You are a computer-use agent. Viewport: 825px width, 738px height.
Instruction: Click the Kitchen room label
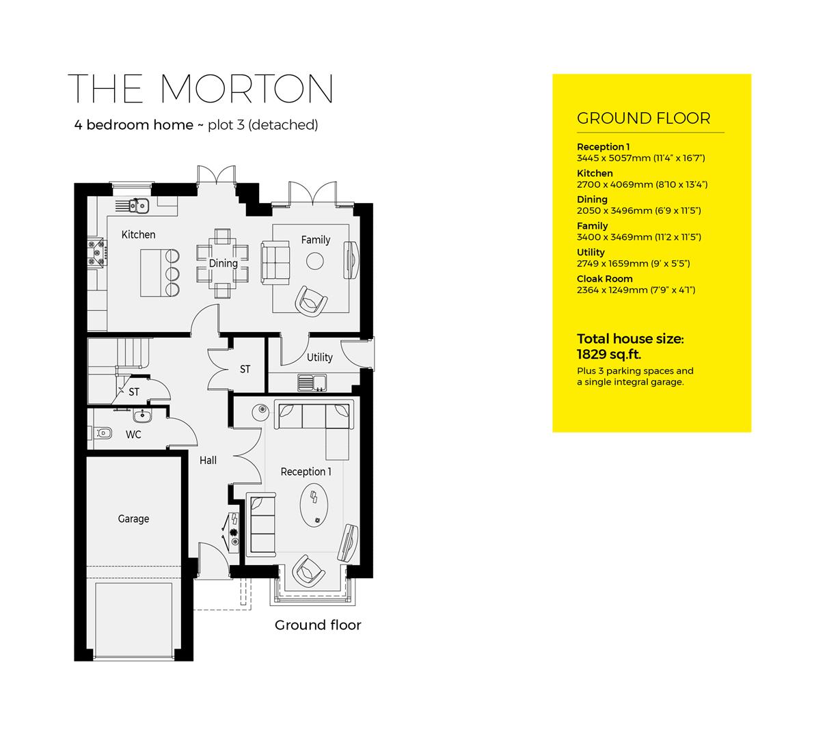click(x=138, y=234)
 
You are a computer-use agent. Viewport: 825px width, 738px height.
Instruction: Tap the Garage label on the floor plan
click(x=133, y=519)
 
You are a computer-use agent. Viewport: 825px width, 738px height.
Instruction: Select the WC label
click(x=133, y=434)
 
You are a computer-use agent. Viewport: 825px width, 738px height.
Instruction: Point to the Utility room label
click(x=319, y=357)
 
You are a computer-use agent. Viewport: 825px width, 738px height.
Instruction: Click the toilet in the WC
click(x=103, y=432)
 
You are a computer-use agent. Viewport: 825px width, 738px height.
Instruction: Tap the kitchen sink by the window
click(x=137, y=205)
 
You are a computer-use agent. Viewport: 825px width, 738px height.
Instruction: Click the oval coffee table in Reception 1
click(x=314, y=504)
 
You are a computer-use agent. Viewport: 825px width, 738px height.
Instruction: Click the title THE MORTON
click(x=200, y=89)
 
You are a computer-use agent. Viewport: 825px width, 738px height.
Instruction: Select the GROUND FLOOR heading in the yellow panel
click(x=643, y=118)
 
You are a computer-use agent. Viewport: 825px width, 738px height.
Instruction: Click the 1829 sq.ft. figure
click(x=608, y=354)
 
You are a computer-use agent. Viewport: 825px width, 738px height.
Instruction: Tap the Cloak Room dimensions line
click(x=636, y=290)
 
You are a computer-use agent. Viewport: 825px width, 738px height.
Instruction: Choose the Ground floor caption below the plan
click(x=318, y=625)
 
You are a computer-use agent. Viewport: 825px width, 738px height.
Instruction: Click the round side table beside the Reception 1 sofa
click(x=261, y=412)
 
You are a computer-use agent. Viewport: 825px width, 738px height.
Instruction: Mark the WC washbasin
click(x=142, y=415)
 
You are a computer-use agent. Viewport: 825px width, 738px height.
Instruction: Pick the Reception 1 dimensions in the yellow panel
click(x=640, y=158)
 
